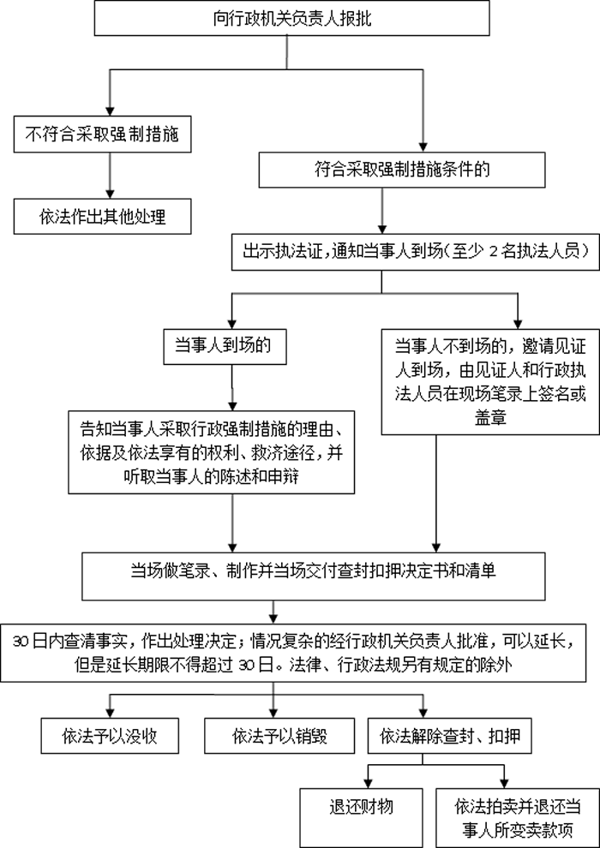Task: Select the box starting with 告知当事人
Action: click(x=212, y=452)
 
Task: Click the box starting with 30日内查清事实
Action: click(x=300, y=650)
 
